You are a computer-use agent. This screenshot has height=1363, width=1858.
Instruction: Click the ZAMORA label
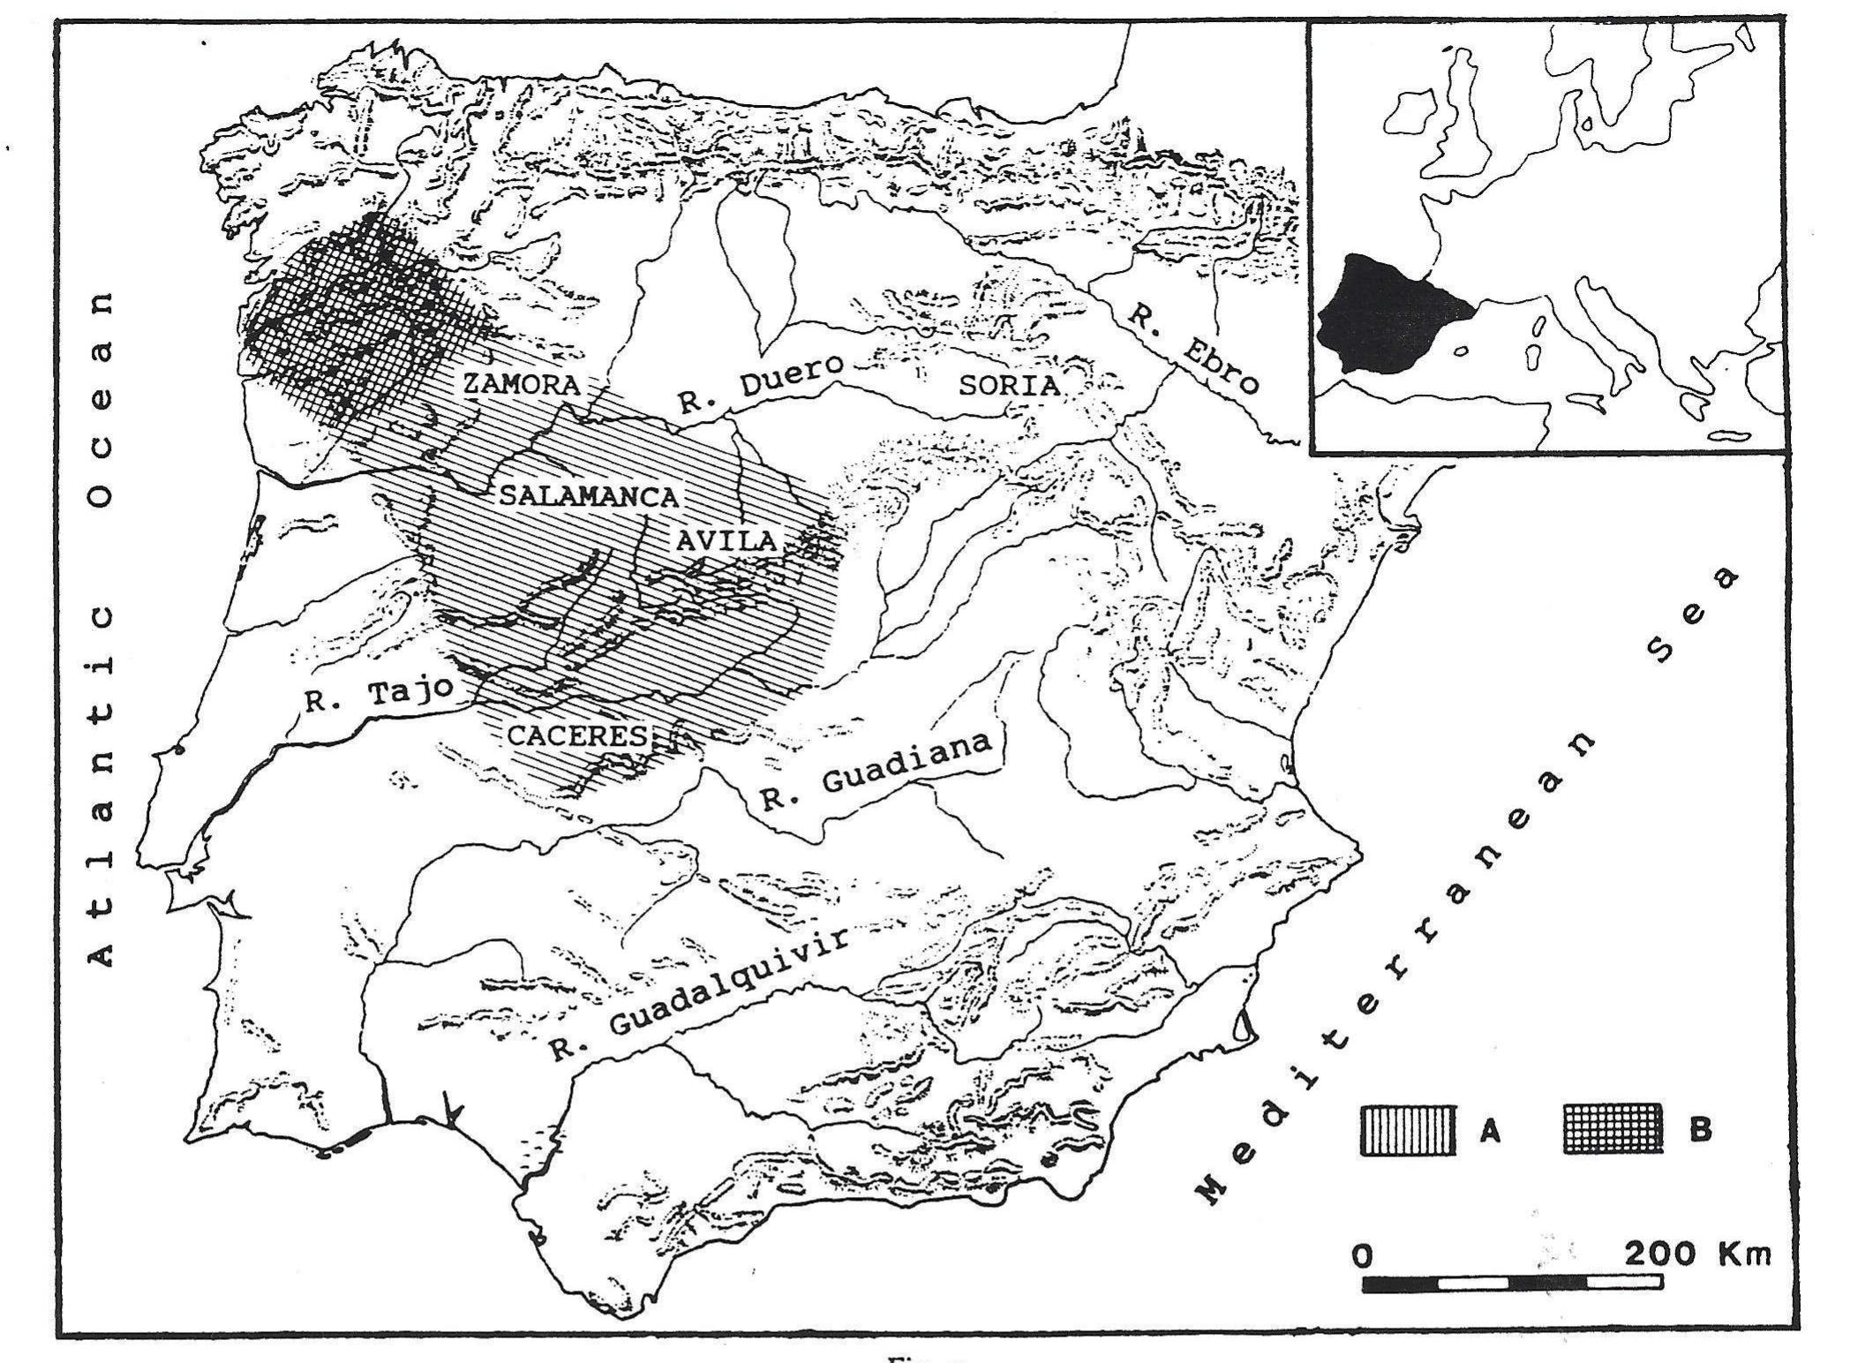tap(521, 384)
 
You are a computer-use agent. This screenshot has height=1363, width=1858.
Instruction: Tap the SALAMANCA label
tap(589, 496)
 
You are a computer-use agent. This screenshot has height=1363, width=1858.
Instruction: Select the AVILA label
tap(726, 540)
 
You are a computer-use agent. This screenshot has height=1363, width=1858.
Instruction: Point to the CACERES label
tap(577, 734)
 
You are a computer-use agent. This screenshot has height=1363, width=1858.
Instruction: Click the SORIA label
tap(1009, 385)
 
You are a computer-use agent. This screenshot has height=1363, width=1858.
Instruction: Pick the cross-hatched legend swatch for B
tap(1613, 1130)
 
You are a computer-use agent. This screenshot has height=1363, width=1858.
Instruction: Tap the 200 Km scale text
tap(1697, 1254)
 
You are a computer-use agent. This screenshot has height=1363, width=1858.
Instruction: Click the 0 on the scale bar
tap(1364, 1255)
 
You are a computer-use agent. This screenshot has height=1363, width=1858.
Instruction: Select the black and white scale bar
tap(1512, 1282)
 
